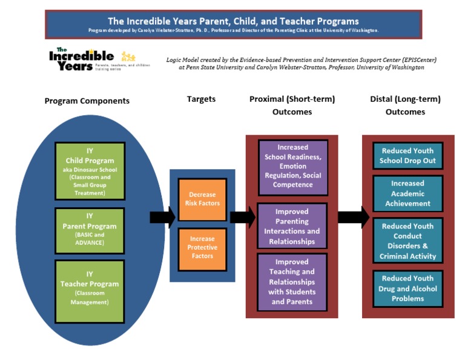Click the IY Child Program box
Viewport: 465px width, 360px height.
click(x=90, y=171)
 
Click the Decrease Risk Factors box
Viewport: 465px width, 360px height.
click(x=202, y=199)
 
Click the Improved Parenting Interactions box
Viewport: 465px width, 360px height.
click(x=292, y=226)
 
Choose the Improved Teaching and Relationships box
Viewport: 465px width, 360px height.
click(x=292, y=282)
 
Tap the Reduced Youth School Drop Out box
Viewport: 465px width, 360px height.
click(x=407, y=156)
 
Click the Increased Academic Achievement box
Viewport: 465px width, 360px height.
click(x=407, y=193)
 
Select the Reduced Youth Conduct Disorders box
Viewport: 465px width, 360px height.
click(x=407, y=241)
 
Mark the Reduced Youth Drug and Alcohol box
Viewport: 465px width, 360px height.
click(x=407, y=288)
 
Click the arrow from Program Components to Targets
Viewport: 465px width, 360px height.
click(x=162, y=216)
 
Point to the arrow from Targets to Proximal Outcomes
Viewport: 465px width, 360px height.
click(x=242, y=216)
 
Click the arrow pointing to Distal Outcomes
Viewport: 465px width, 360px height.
click(x=353, y=216)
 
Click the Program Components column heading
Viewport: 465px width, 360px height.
click(x=87, y=101)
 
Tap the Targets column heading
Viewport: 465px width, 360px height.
click(x=201, y=99)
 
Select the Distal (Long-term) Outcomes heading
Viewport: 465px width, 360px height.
click(x=405, y=105)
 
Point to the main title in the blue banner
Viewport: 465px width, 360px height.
click(x=233, y=21)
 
